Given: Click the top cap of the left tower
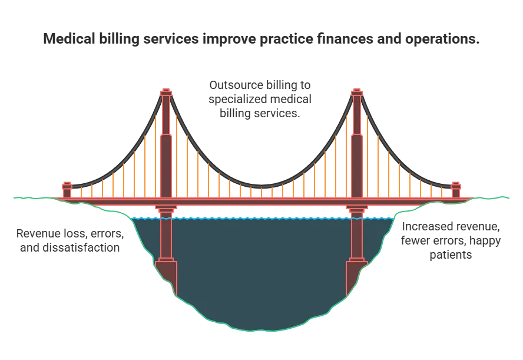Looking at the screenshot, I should click(x=166, y=92).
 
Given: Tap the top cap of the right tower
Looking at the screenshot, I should click(x=356, y=92).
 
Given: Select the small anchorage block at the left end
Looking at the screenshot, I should click(x=67, y=190).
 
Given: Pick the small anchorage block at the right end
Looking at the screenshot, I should click(x=456, y=190).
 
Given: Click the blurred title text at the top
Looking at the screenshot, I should click(x=261, y=39).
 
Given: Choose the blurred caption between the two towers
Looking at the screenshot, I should click(x=260, y=98).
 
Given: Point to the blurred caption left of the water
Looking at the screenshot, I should click(x=69, y=241).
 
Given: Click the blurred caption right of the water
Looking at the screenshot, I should click(x=451, y=240).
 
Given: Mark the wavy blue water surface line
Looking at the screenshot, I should click(x=261, y=218).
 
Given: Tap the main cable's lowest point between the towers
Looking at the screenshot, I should click(x=261, y=187).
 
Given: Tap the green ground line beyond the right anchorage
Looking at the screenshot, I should click(x=495, y=196).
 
